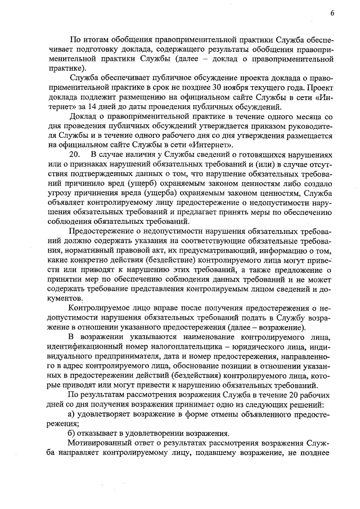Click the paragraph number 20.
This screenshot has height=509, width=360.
click(x=75, y=154)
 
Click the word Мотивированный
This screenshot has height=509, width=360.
click(x=102, y=443)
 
